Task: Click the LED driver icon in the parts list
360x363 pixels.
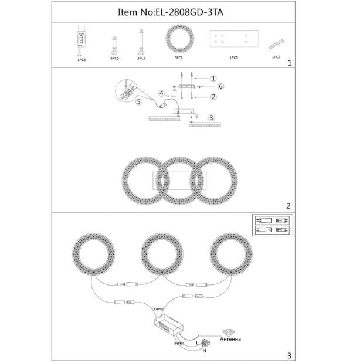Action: (80, 40)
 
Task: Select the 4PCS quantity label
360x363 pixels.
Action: (114, 59)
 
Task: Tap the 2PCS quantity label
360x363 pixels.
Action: (141, 59)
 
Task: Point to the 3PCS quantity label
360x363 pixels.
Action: (178, 59)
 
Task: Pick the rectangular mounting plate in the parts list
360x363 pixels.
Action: (233, 40)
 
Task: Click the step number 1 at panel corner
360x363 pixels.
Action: (288, 62)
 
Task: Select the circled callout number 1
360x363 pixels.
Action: (214, 78)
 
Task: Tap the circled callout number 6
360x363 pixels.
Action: (222, 86)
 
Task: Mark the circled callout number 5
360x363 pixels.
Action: (139, 101)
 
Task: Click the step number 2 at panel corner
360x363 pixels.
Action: (288, 206)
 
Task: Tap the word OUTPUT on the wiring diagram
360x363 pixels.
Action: (158, 308)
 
